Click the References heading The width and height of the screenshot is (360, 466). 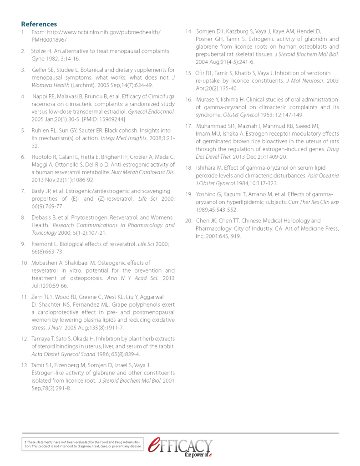pos(39,24)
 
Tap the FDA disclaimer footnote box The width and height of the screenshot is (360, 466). pos(83,444)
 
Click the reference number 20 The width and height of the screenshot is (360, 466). pos(188,221)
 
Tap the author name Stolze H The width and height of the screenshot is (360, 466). pos(42,51)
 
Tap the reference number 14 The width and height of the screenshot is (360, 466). pos(188,31)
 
